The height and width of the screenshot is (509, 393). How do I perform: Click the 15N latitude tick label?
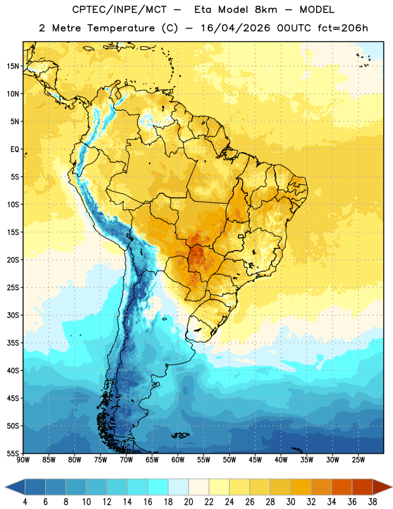pyautogui.click(x=13, y=66)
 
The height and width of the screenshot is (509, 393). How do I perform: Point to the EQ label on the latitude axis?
pyautogui.click(x=15, y=150)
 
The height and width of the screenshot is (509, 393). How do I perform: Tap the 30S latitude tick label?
pyautogui.click(x=13, y=315)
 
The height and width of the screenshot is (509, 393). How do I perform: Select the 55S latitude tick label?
pyautogui.click(x=13, y=454)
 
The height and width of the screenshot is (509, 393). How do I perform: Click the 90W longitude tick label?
pyautogui.click(x=23, y=460)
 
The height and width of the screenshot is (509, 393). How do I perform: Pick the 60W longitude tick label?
pyautogui.click(x=178, y=460)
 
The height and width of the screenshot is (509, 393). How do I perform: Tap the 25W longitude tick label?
pyautogui.click(x=358, y=460)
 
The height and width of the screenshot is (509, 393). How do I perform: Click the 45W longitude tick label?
pyautogui.click(x=255, y=460)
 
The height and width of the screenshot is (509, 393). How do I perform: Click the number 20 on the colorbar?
pyautogui.click(x=188, y=502)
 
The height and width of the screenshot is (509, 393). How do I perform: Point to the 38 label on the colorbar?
pyautogui.click(x=373, y=502)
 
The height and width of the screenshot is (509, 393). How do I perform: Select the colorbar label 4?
pyautogui.click(x=25, y=502)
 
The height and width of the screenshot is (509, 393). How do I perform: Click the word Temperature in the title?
pyautogui.click(x=121, y=28)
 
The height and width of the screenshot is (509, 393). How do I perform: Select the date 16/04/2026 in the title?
pyautogui.click(x=235, y=28)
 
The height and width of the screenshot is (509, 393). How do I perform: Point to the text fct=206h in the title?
pyautogui.click(x=343, y=28)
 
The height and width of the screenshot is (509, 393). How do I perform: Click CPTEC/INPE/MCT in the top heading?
pyautogui.click(x=119, y=10)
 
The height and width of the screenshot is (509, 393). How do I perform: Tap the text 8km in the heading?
pyautogui.click(x=266, y=10)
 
